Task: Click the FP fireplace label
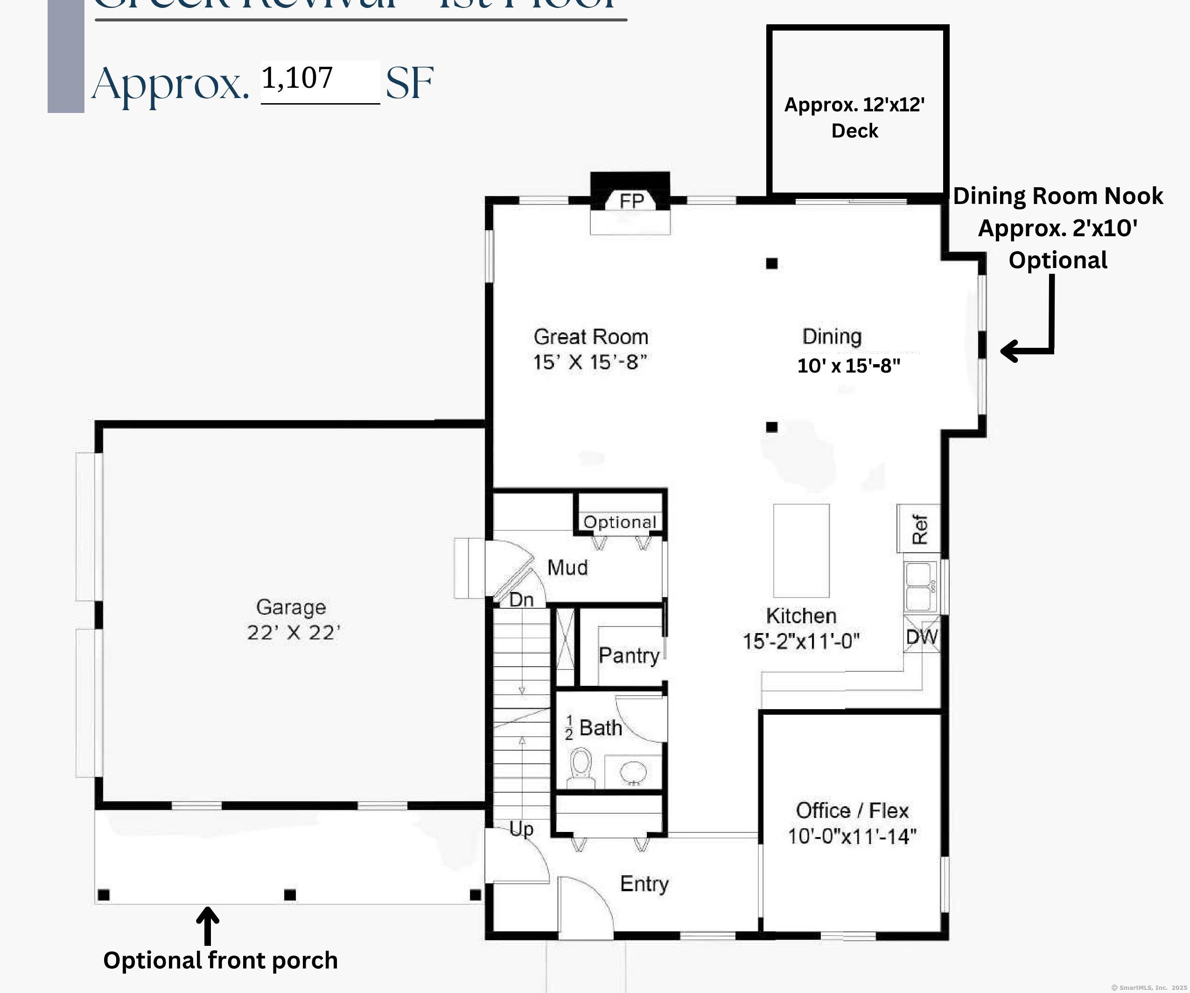631,201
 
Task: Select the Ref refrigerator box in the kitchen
918,529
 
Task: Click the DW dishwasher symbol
921,636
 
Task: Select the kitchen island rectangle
801,550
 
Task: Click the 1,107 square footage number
297,78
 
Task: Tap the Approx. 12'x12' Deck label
854,117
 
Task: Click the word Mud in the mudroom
567,567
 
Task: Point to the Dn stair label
521,599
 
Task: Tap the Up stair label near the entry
521,829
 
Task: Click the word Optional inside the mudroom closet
620,522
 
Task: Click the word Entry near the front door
644,884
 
